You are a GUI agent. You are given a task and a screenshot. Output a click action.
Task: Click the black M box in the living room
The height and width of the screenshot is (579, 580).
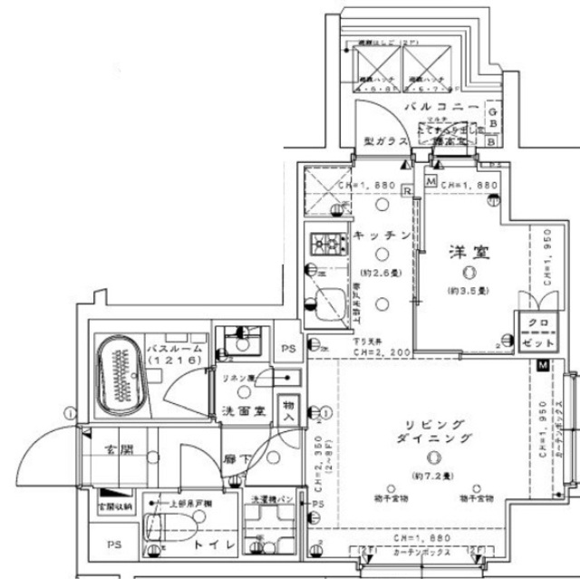click(x=542, y=365)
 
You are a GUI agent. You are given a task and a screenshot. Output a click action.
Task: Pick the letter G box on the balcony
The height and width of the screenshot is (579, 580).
click(x=493, y=106)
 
